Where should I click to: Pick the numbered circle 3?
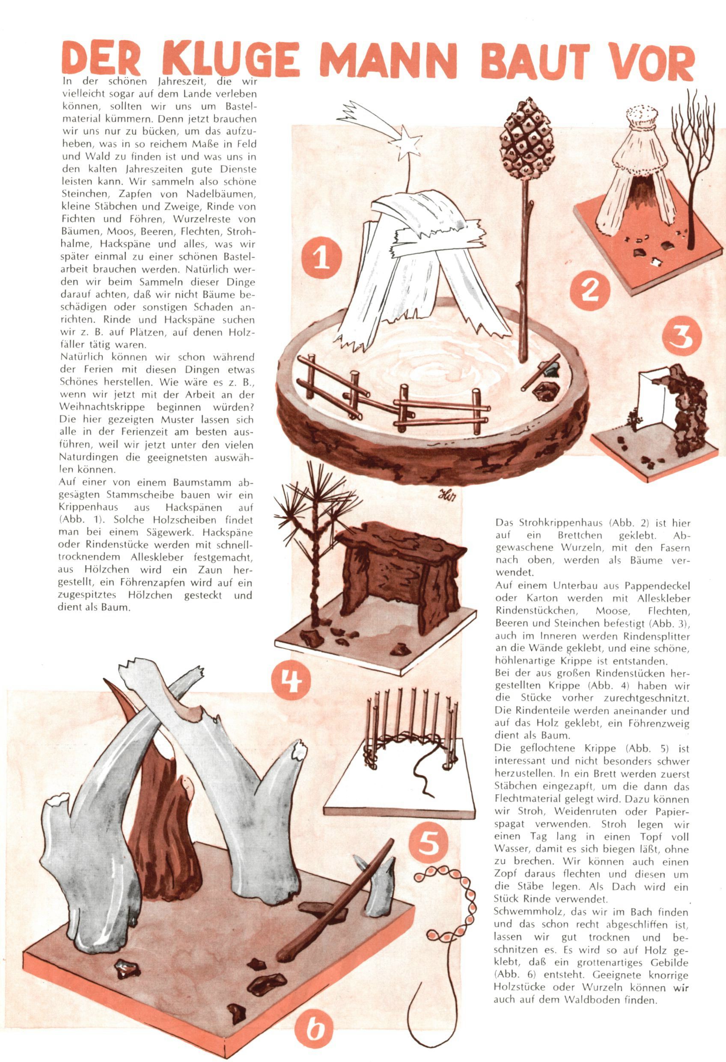(681, 338)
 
